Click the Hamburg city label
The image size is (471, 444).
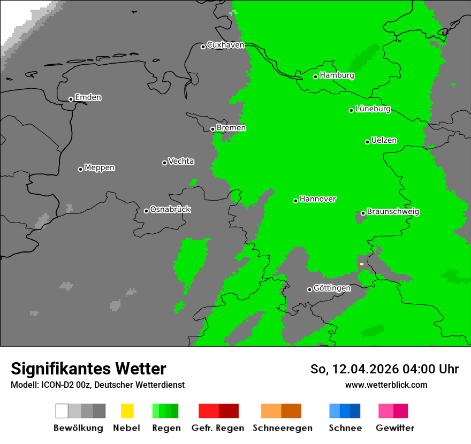[x=337, y=75]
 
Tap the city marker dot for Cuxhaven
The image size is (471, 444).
[x=203, y=47]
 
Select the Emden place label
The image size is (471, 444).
[x=88, y=97]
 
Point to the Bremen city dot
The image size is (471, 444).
[x=212, y=129]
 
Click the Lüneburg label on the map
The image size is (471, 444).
[x=373, y=109]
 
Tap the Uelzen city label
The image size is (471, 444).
[x=384, y=141]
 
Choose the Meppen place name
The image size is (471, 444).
[x=100, y=168]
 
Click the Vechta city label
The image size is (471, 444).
[x=181, y=162]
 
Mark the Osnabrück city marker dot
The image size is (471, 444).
[x=146, y=211]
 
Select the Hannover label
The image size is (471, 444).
[x=317, y=199]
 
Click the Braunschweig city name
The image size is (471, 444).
[x=393, y=212]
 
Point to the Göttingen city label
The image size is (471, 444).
[x=332, y=288]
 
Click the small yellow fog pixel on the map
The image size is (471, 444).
[x=362, y=264]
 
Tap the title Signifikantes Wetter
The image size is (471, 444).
[x=88, y=369]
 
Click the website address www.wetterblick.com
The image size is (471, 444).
[x=386, y=385]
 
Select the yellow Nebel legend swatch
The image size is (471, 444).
[x=127, y=411]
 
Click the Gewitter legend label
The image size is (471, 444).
[x=394, y=428]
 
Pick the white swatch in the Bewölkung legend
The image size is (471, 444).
[x=62, y=411]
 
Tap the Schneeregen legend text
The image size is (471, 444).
[x=282, y=428]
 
